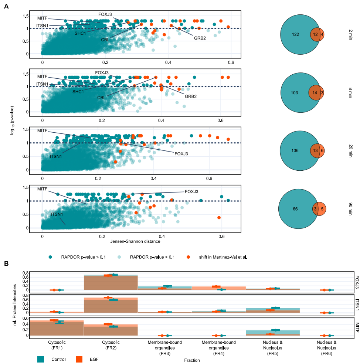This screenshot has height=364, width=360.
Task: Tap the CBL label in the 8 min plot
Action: (102, 98)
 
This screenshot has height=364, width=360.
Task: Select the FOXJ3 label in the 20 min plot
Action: (181, 153)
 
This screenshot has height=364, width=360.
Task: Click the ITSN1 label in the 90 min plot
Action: (57, 214)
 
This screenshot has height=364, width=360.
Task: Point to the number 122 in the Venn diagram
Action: (296, 34)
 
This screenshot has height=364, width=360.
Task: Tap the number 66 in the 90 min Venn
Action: (295, 209)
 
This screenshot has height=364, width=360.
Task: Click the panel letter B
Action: (6, 263)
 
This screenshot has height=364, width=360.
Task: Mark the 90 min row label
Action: (350, 209)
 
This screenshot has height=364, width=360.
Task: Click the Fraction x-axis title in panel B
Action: (191, 349)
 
